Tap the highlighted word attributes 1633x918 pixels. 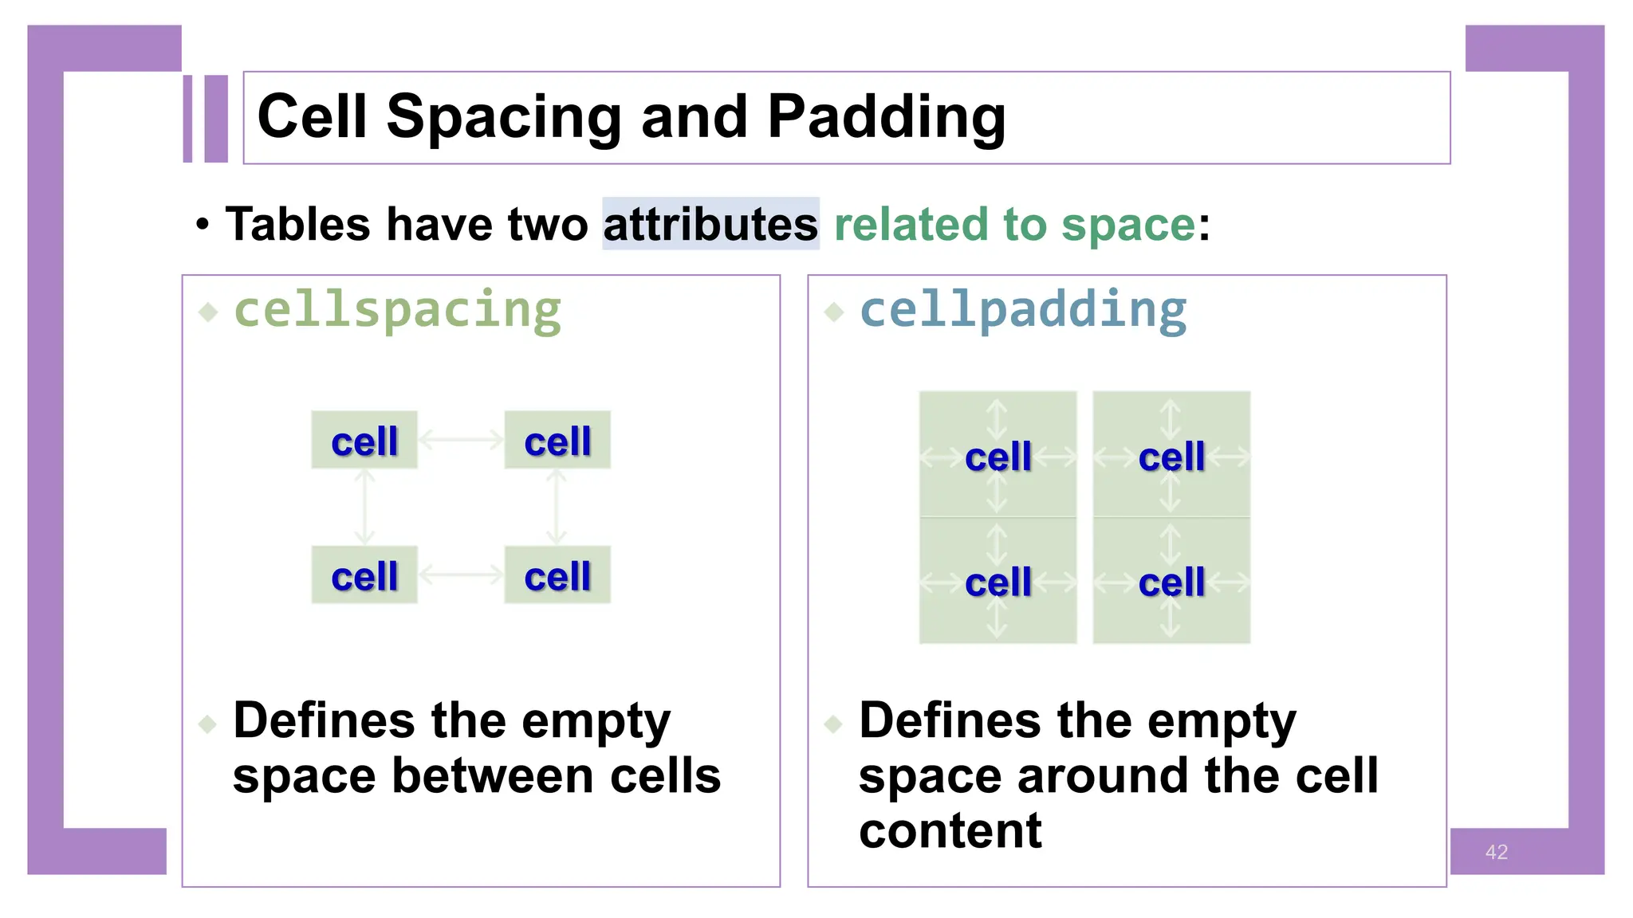(710, 224)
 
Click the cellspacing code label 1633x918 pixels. (397, 310)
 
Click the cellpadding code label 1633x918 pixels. (1023, 310)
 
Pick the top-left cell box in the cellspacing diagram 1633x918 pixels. (364, 440)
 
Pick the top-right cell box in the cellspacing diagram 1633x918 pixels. (557, 440)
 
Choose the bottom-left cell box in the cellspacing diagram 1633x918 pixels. (364, 575)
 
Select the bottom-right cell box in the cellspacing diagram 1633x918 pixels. (557, 575)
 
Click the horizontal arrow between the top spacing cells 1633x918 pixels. (461, 439)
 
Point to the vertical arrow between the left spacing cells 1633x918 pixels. (364, 507)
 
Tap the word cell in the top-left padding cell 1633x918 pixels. (998, 457)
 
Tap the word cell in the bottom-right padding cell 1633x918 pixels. (1171, 583)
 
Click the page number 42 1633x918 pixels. (1496, 852)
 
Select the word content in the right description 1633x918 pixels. (950, 831)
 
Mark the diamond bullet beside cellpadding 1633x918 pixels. (834, 312)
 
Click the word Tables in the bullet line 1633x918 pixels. (297, 224)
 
